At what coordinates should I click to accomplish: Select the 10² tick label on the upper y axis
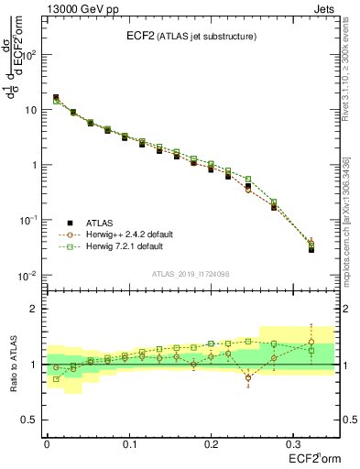coord(29,55)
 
